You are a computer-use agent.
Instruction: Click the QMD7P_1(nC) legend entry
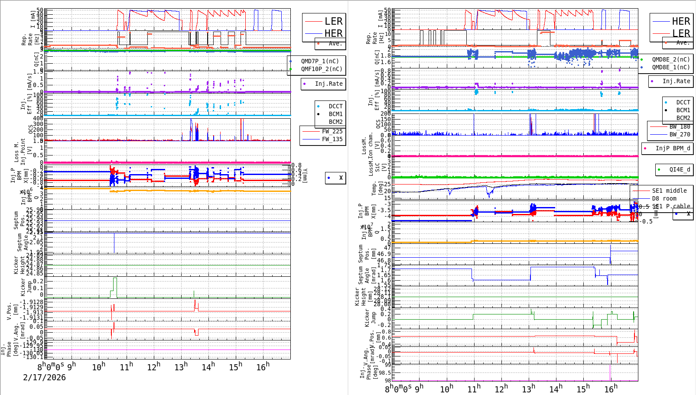pyautogui.click(x=320, y=61)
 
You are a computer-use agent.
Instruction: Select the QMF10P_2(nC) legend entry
pyautogui.click(x=320, y=69)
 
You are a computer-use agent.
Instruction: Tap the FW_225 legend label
pyautogui.click(x=332, y=131)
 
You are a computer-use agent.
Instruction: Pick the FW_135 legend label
pyautogui.click(x=332, y=139)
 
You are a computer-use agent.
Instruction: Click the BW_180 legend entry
pyautogui.click(x=680, y=126)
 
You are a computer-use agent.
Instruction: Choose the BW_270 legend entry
pyautogui.click(x=680, y=134)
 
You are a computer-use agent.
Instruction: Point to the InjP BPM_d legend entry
pyautogui.click(x=673, y=148)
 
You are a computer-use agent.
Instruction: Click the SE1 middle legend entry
pyautogui.click(x=669, y=191)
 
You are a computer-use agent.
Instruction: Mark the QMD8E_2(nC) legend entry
pyautogui.click(x=670, y=59)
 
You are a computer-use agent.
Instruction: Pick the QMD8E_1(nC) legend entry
pyautogui.click(x=670, y=67)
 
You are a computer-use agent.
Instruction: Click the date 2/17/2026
pyautogui.click(x=44, y=377)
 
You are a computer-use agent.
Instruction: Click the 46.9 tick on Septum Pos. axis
pyautogui.click(x=384, y=254)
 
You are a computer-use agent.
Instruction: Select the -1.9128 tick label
pyautogui.click(x=31, y=302)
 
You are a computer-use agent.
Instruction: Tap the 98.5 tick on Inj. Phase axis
pyautogui.click(x=384, y=372)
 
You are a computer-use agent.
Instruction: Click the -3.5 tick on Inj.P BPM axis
pyautogui.click(x=384, y=210)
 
